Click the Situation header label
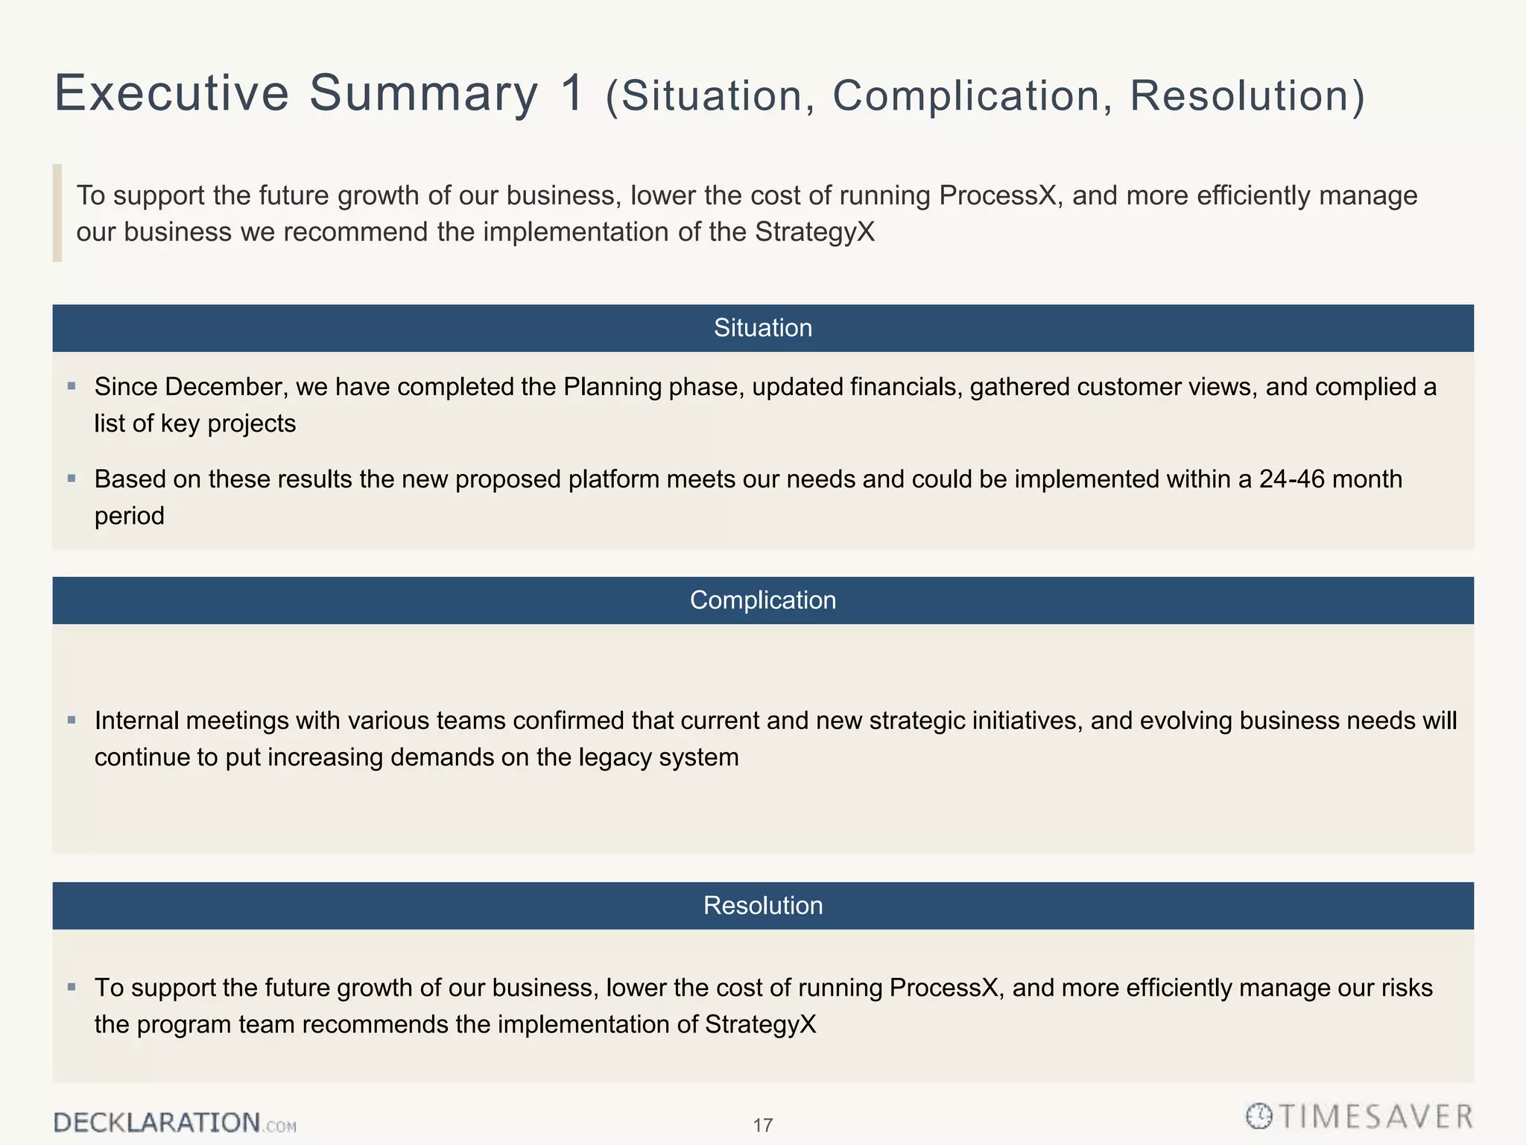[762, 328]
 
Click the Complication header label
[762, 600]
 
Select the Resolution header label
[762, 905]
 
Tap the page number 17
[762, 1125]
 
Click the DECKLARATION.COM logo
[174, 1123]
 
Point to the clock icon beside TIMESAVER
[1259, 1116]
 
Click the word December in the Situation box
[226, 387]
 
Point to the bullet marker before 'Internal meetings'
[72, 720]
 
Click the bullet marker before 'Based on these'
[72, 479]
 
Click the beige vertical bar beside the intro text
[57, 213]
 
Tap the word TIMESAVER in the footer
[1376, 1117]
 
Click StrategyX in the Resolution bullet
[760, 1024]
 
